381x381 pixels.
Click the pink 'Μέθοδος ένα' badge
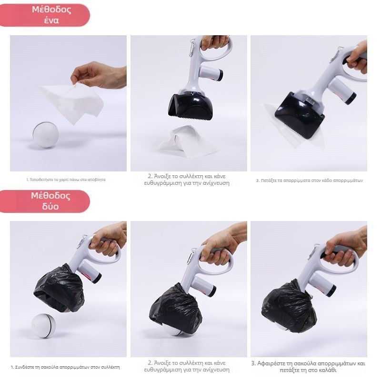pyautogui.click(x=45, y=15)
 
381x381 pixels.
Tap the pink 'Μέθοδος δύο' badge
pyautogui.click(x=45, y=201)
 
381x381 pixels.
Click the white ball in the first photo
pyautogui.click(x=45, y=135)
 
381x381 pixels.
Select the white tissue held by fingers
pyautogui.click(x=73, y=102)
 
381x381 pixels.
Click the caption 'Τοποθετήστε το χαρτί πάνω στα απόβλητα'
pyautogui.click(x=66, y=180)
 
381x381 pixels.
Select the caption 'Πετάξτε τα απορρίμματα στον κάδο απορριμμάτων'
pyautogui.click(x=309, y=180)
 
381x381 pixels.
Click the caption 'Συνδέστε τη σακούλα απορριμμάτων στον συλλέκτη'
pyautogui.click(x=65, y=367)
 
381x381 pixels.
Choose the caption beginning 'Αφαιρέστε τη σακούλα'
pyautogui.click(x=308, y=367)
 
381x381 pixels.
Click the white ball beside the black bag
pyautogui.click(x=43, y=326)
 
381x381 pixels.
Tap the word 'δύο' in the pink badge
pyautogui.click(x=50, y=207)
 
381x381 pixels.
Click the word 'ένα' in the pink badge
pyautogui.click(x=51, y=20)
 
